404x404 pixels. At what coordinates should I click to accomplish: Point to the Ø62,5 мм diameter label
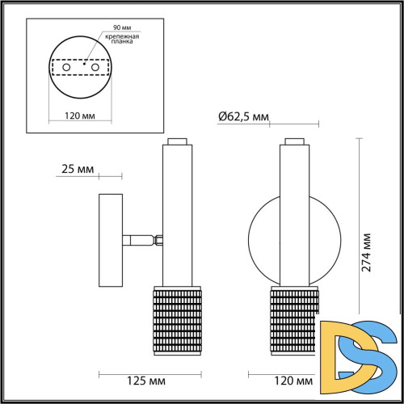point(243,117)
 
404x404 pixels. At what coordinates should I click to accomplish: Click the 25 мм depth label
point(78,171)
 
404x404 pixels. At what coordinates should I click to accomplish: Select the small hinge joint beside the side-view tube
point(159,239)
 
